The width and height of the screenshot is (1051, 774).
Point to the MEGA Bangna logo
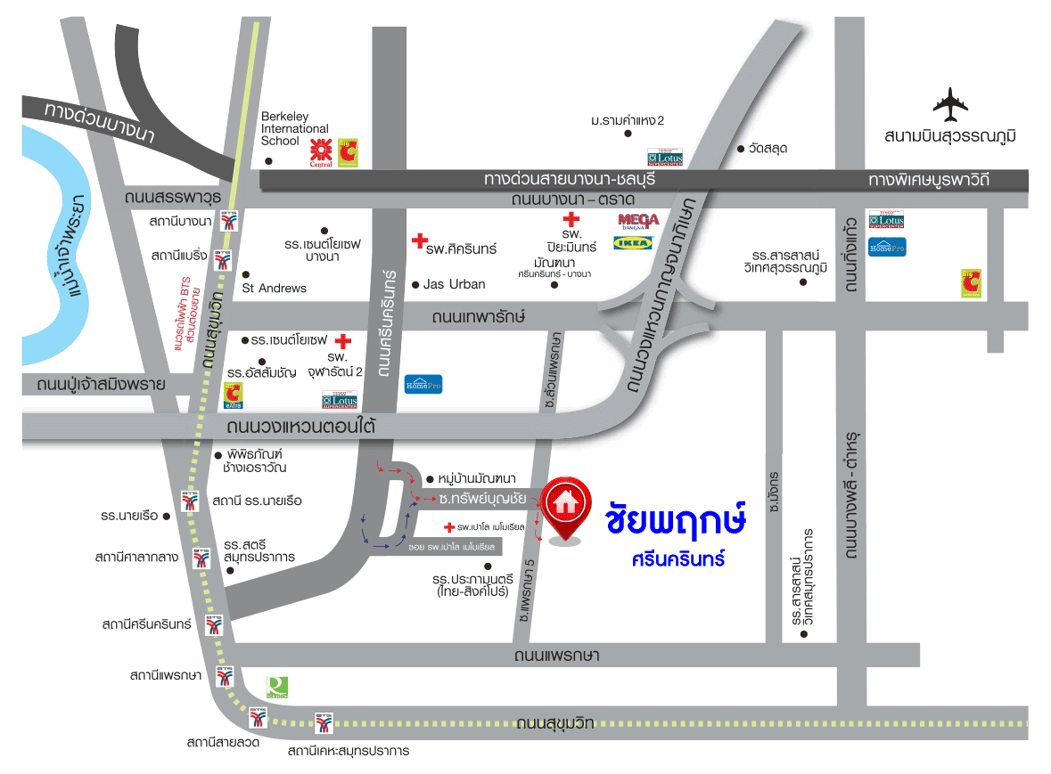pyautogui.click(x=637, y=220)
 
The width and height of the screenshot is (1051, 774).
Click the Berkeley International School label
pyautogui.click(x=294, y=128)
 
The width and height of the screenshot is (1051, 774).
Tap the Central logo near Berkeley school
pyautogui.click(x=320, y=152)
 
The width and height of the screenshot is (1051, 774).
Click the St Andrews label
pyautogui.click(x=275, y=288)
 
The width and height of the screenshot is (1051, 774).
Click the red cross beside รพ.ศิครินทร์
pyautogui.click(x=418, y=240)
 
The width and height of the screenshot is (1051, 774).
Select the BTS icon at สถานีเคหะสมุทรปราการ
pyautogui.click(x=323, y=722)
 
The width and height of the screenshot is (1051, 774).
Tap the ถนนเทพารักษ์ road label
pyautogui.click(x=478, y=317)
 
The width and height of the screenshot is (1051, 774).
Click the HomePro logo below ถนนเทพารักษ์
pyautogui.click(x=423, y=384)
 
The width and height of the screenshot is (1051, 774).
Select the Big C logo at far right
pyautogui.click(x=971, y=283)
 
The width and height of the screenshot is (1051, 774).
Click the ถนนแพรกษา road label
pyautogui.click(x=556, y=656)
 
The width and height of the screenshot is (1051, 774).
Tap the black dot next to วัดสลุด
pyautogui.click(x=739, y=148)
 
